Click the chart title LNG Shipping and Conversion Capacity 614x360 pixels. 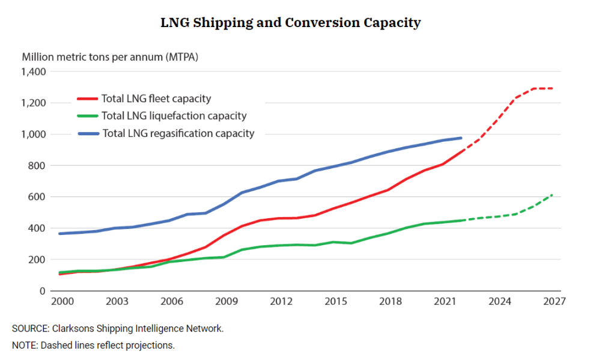(x=290, y=23)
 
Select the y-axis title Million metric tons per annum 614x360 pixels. (x=110, y=57)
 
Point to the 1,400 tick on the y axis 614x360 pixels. (x=34, y=72)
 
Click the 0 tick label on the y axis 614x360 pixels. (x=42, y=291)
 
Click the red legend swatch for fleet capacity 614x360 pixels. (x=88, y=99)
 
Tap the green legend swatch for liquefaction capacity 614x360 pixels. (x=88, y=116)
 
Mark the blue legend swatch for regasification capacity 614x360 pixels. (x=88, y=133)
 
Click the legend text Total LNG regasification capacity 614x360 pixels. (x=178, y=133)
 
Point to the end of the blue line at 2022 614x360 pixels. (x=461, y=138)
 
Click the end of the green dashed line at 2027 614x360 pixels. (x=553, y=194)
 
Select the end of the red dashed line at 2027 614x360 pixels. (x=553, y=88)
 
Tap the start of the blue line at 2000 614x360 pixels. (x=59, y=233)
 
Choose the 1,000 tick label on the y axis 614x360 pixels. (x=34, y=135)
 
